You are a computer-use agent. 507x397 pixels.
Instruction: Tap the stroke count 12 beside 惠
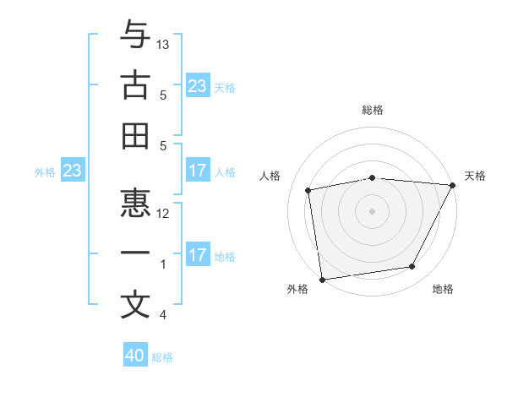(x=164, y=213)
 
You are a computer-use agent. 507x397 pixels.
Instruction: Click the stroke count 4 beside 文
(x=163, y=315)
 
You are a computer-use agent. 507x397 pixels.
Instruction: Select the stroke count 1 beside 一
(x=163, y=264)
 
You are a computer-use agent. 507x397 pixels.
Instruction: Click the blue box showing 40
(x=135, y=356)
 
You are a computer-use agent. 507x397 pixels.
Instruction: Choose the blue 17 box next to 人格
(x=198, y=171)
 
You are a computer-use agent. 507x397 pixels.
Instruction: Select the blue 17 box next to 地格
(x=198, y=255)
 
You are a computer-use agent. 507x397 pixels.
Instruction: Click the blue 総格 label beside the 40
(x=162, y=357)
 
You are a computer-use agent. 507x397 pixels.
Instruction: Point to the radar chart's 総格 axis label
(x=373, y=110)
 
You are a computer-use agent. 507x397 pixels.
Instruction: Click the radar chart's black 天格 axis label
(x=475, y=176)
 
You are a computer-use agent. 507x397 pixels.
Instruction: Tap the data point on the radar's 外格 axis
(x=322, y=279)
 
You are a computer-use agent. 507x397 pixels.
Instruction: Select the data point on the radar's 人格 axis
(x=308, y=190)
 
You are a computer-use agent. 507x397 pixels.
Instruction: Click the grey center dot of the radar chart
(x=372, y=210)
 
